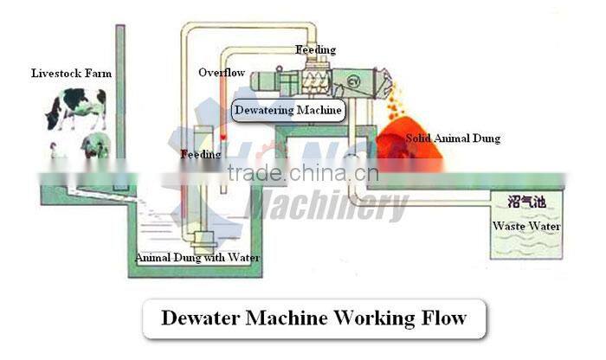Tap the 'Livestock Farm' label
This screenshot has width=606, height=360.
(x=69, y=73)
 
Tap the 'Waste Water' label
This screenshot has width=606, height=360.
(x=526, y=227)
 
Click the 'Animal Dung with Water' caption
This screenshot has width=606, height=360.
(x=197, y=257)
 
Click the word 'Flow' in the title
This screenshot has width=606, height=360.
(x=442, y=318)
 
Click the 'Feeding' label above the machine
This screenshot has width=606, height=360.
(x=315, y=50)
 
